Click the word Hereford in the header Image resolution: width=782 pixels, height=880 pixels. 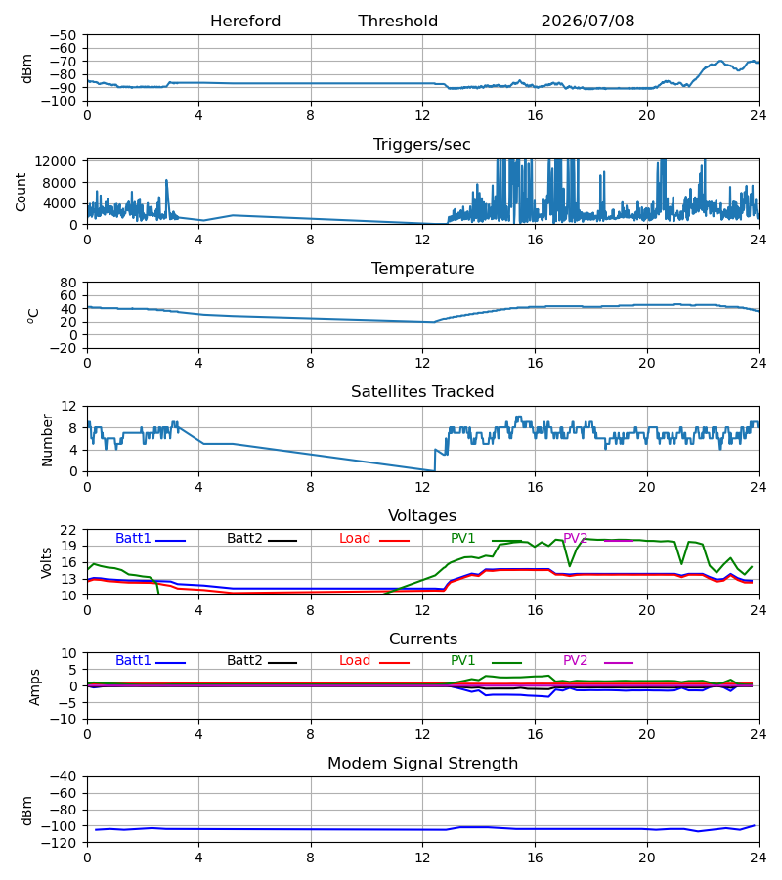(245, 21)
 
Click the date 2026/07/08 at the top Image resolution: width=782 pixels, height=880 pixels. (587, 21)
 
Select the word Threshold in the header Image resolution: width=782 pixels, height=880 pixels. (398, 21)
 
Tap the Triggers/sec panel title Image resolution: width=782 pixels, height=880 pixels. (422, 145)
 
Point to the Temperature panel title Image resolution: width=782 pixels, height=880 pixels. (422, 268)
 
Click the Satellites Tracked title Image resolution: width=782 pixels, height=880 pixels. (422, 392)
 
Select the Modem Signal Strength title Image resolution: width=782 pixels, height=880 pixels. (422, 764)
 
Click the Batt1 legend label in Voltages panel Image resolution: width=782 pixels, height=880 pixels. (133, 538)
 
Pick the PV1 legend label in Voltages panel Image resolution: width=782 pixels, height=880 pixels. (462, 538)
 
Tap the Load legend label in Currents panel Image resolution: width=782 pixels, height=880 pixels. (355, 661)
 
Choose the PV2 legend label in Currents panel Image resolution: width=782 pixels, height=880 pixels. (575, 661)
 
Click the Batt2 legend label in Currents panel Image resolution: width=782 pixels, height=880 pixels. (244, 661)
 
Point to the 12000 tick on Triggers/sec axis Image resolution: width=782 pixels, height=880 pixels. (56, 161)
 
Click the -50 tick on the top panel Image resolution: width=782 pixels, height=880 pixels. (64, 35)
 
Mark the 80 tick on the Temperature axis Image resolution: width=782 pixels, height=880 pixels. (68, 283)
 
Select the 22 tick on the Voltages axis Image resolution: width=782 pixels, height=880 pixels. (68, 530)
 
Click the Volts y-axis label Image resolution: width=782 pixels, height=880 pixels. (47, 562)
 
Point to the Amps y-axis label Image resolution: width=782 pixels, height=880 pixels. (34, 687)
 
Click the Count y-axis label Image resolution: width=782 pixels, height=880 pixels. (21, 192)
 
